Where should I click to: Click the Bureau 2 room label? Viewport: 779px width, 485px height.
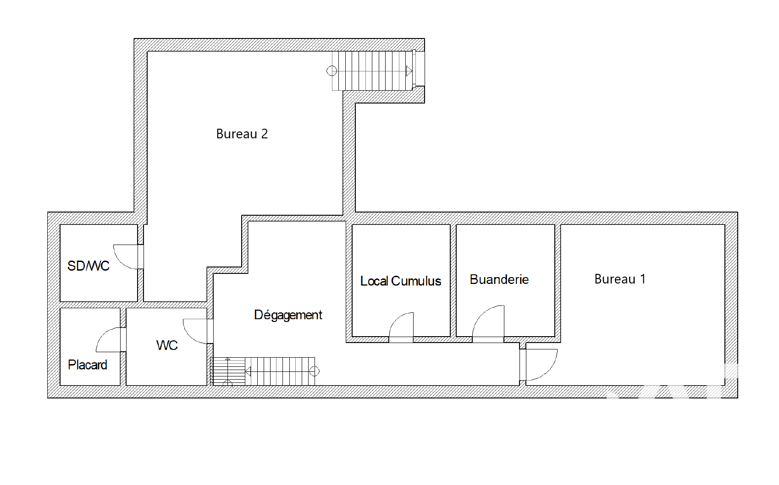point(242,134)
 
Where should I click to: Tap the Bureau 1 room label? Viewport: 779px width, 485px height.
point(620,279)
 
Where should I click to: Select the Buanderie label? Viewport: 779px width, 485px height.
point(499,279)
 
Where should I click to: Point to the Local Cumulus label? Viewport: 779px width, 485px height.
point(401,281)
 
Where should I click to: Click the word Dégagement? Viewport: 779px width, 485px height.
point(288,315)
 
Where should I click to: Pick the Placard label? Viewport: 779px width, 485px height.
point(87,365)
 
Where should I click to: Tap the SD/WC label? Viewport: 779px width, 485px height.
point(88,266)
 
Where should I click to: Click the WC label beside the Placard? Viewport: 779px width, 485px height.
point(167,345)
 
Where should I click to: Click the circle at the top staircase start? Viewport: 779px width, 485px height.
point(332,71)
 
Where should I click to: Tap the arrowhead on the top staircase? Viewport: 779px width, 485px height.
point(409,71)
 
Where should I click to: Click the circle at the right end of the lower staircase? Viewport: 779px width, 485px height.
point(315,371)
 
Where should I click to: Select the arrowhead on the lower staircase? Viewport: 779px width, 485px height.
point(249,371)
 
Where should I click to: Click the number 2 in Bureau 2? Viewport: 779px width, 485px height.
point(264,134)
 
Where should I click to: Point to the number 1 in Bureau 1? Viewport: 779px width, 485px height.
point(643,279)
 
